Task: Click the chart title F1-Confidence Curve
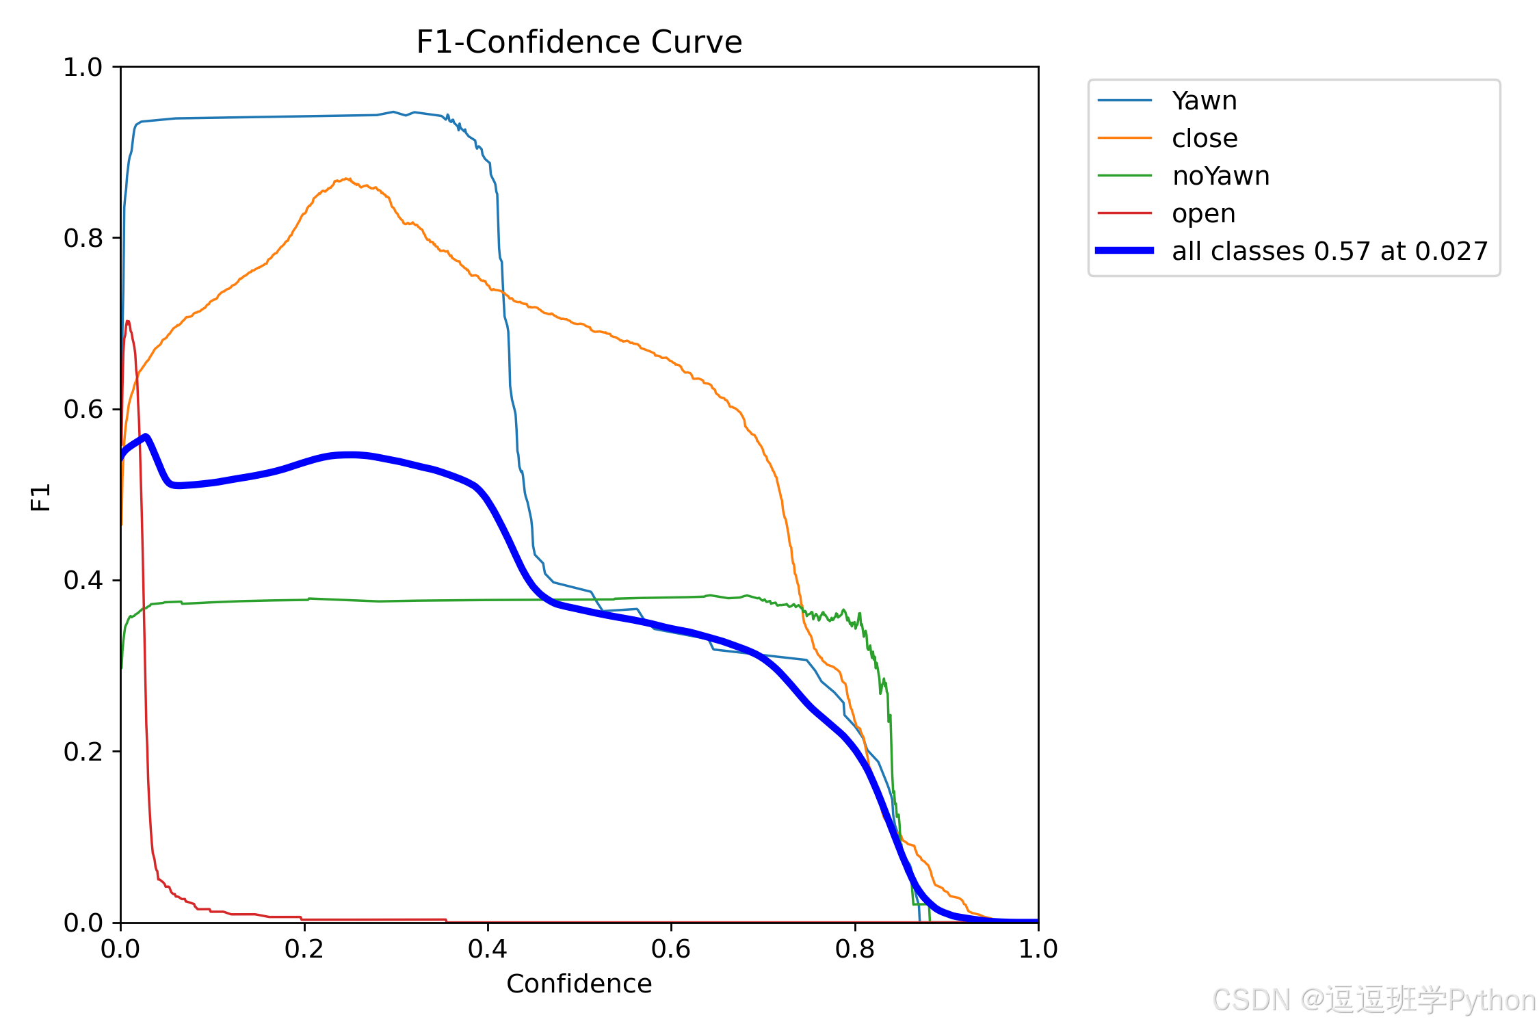click(579, 42)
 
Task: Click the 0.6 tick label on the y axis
click(83, 409)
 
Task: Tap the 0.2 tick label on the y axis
click(83, 752)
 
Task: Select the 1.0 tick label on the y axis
click(83, 67)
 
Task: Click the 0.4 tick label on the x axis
click(488, 949)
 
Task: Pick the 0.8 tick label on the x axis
click(855, 949)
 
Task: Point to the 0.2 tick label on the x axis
click(304, 949)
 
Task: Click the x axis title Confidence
click(579, 984)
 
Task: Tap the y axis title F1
click(41, 497)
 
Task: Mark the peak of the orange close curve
click(347, 179)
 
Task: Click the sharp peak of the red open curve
click(127, 321)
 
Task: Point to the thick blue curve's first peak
click(145, 436)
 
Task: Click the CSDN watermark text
click(1374, 1000)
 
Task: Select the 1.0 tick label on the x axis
click(1038, 949)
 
